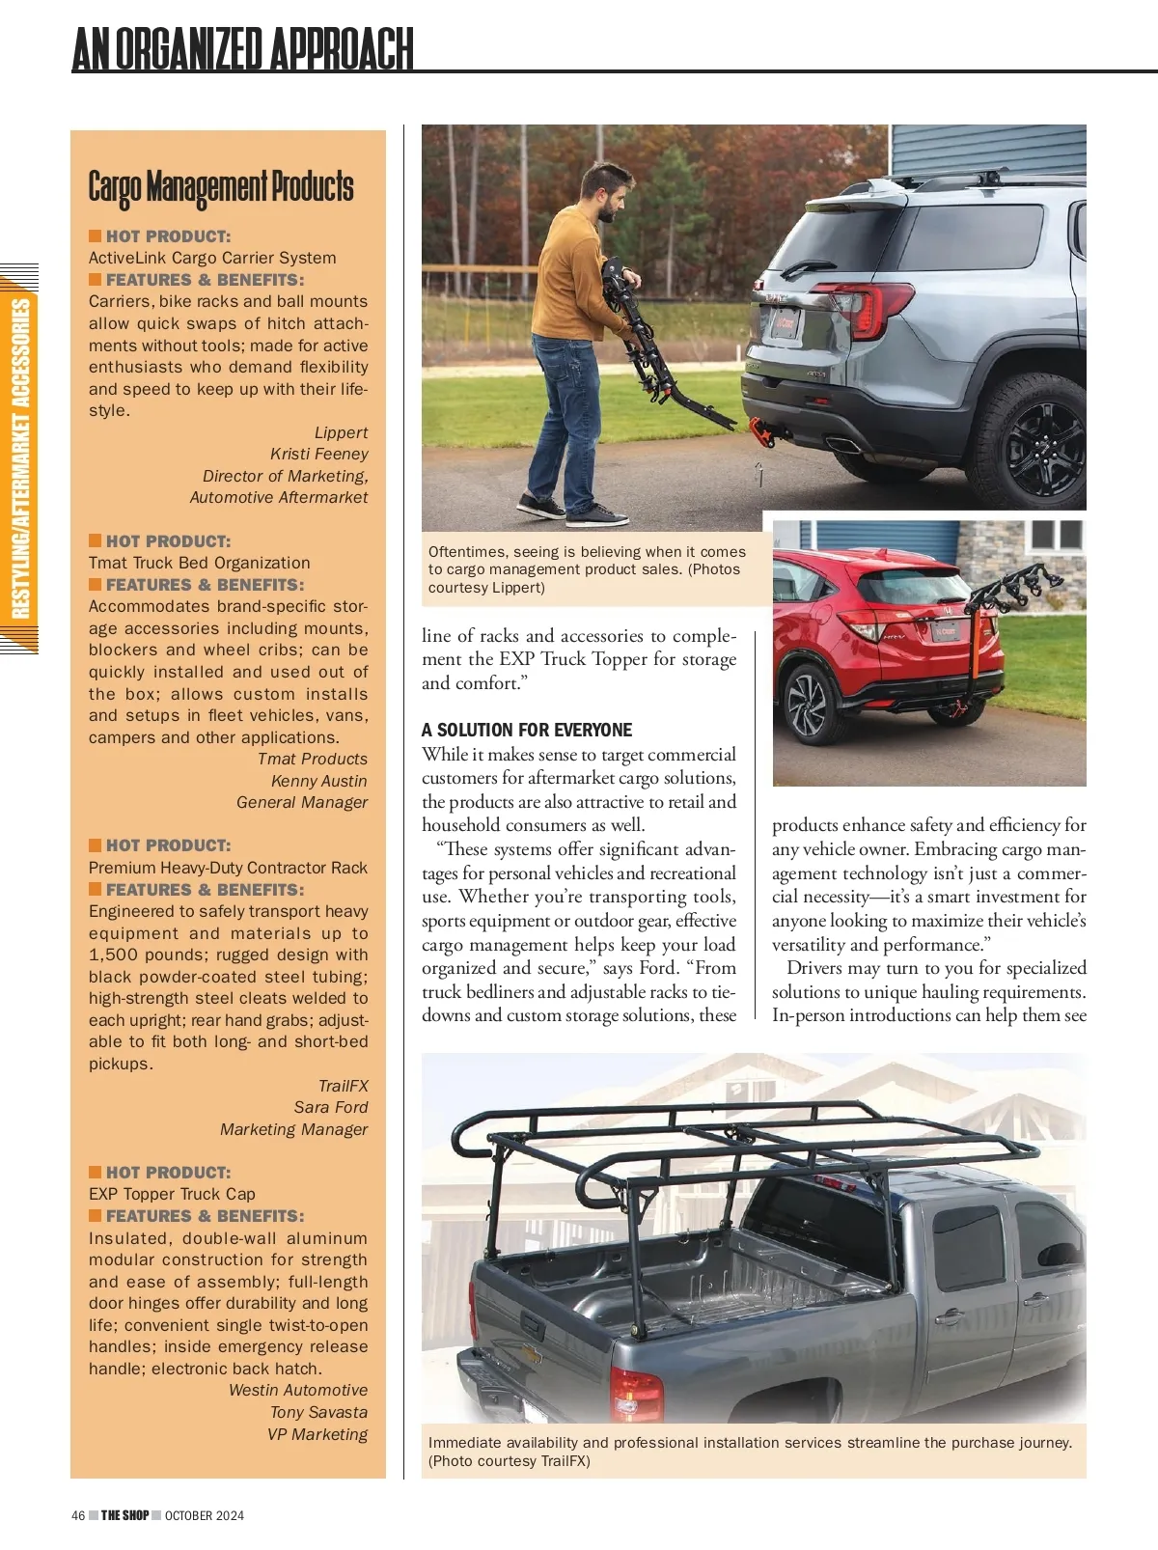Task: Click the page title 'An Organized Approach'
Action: pyautogui.click(x=242, y=49)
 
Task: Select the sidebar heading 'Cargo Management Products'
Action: pyautogui.click(x=221, y=187)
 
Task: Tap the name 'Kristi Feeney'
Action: pyautogui.click(x=318, y=454)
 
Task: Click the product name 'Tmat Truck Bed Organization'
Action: pyautogui.click(x=200, y=563)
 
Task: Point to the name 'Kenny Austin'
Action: pyautogui.click(x=318, y=781)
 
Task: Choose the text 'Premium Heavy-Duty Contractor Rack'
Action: pyautogui.click(x=228, y=868)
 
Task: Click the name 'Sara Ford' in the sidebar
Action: pyautogui.click(x=331, y=1107)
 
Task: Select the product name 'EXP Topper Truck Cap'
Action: pyautogui.click(x=172, y=1194)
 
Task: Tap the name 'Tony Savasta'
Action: pyautogui.click(x=318, y=1412)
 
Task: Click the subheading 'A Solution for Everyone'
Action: pyautogui.click(x=527, y=730)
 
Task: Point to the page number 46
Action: pyautogui.click(x=78, y=1515)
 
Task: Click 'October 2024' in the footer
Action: pyautogui.click(x=205, y=1515)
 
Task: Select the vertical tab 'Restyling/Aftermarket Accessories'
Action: pyautogui.click(x=20, y=458)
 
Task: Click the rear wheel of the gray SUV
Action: pyautogui.click(x=1038, y=435)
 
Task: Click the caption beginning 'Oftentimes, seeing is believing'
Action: pyautogui.click(x=587, y=569)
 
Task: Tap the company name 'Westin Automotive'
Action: pyautogui.click(x=298, y=1390)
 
